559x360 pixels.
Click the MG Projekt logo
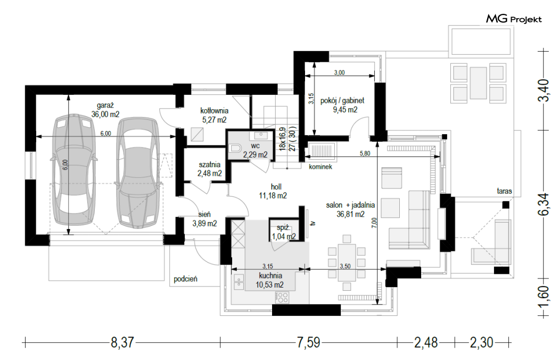514,19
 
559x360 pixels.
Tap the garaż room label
105,105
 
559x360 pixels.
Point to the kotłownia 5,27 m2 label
214,115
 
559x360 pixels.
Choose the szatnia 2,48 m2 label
210,169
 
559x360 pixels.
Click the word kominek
320,167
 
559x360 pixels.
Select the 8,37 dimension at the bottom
122,343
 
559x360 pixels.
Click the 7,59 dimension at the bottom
308,343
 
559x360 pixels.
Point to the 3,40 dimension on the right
543,91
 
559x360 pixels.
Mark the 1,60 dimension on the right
543,297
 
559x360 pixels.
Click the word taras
505,191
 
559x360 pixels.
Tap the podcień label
185,279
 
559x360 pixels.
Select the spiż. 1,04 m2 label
284,232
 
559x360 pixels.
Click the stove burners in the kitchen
282,298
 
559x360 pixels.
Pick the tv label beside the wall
313,224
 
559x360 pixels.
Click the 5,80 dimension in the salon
365,153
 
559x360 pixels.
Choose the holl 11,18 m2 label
273,191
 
